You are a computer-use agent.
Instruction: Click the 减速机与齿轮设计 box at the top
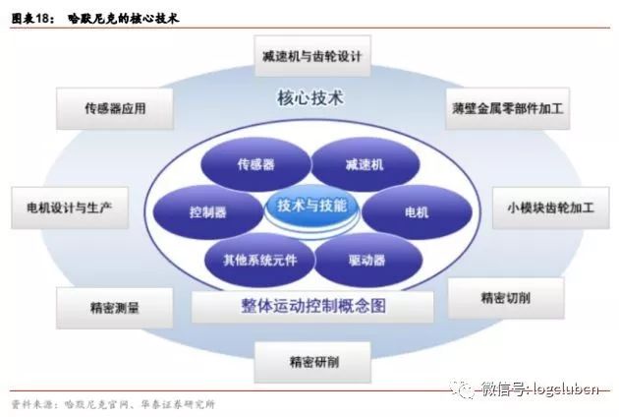click(x=310, y=56)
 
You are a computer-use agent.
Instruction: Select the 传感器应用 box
click(x=115, y=109)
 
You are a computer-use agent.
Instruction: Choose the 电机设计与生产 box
click(x=70, y=208)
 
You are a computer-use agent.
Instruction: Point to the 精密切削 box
click(x=507, y=297)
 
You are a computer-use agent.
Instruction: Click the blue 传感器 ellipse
click(x=255, y=164)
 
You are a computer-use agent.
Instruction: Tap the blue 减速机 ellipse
click(x=364, y=164)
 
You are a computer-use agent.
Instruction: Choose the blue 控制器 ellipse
click(x=208, y=211)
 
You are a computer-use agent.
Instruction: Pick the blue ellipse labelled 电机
click(x=417, y=211)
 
